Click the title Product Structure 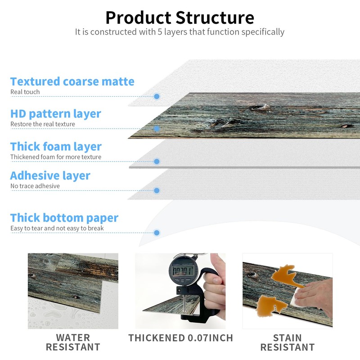pyautogui.click(x=180, y=18)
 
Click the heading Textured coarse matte pyautogui.click(x=72, y=81)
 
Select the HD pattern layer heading pyautogui.click(x=56, y=114)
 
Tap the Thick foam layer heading pyautogui.click(x=56, y=147)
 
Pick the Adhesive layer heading pyautogui.click(x=50, y=176)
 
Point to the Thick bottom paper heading pyautogui.click(x=64, y=218)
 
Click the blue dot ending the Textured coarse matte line pyautogui.click(x=157, y=96)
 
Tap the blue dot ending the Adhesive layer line pyautogui.click(x=157, y=190)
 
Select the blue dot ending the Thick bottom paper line pyautogui.click(x=157, y=233)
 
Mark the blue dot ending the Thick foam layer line pyautogui.click(x=157, y=162)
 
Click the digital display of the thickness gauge pyautogui.click(x=183, y=271)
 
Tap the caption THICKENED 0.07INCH pyautogui.click(x=181, y=338)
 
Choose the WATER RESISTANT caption pyautogui.click(x=73, y=342)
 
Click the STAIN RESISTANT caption pyautogui.click(x=288, y=342)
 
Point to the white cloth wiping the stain pyautogui.click(x=298, y=297)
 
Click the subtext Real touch pyautogui.click(x=25, y=92)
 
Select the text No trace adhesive pyautogui.click(x=35, y=186)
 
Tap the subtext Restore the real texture pyautogui.click(x=43, y=124)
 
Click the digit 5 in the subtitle pyautogui.click(x=160, y=32)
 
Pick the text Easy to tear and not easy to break pyautogui.click(x=57, y=228)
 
